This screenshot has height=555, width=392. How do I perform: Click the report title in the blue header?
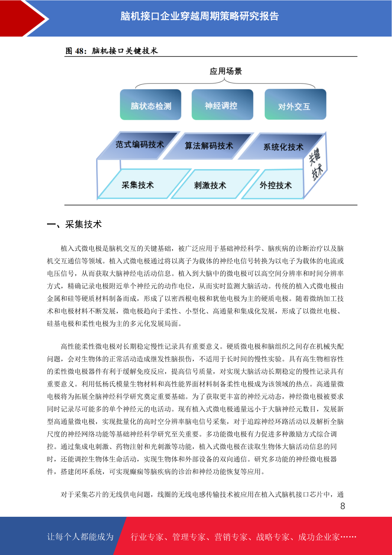[x=199, y=16]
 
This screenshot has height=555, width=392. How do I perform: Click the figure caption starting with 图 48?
[x=112, y=51]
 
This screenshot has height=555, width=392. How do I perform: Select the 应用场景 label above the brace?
[x=226, y=72]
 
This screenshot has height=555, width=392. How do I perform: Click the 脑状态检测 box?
[x=150, y=104]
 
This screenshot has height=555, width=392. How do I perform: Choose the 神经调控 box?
[x=222, y=104]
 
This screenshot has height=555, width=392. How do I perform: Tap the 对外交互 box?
[x=295, y=104]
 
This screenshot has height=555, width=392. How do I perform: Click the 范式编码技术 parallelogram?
[x=138, y=145]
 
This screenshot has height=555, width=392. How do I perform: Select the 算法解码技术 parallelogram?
[x=209, y=146]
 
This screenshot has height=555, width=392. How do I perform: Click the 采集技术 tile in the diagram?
[x=144, y=184]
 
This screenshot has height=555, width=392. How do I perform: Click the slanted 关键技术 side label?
[x=316, y=164]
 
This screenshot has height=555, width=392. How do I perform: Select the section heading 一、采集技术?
[x=74, y=224]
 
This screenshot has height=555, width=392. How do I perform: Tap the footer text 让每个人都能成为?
[x=80, y=537]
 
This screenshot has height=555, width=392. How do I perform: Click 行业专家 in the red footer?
[x=147, y=537]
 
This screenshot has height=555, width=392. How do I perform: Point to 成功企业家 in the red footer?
[x=319, y=537]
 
